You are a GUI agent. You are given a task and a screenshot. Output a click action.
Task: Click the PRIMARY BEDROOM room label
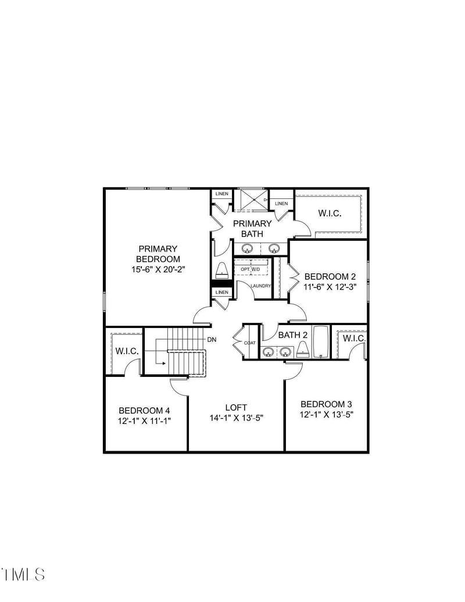(158, 254)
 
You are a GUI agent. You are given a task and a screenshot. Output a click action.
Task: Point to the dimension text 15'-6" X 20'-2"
(158, 269)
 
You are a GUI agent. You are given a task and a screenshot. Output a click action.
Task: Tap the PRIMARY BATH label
(252, 228)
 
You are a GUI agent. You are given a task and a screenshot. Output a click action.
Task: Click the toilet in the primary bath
(221, 270)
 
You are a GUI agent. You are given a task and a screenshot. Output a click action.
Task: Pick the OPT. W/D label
(251, 269)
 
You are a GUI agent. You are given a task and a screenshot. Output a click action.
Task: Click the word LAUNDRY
(261, 286)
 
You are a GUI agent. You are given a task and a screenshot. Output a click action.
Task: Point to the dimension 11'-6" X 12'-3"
(330, 287)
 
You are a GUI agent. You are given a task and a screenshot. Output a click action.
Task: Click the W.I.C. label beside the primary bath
(330, 213)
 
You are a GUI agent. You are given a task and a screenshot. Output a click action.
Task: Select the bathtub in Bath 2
(321, 343)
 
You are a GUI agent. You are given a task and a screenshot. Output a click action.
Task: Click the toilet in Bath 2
(302, 349)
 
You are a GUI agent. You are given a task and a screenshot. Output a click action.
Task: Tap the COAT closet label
(250, 343)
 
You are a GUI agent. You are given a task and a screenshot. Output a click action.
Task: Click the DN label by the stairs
(212, 339)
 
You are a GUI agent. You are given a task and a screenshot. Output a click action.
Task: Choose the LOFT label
(236, 407)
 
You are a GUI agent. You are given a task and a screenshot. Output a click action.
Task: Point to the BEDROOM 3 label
(326, 404)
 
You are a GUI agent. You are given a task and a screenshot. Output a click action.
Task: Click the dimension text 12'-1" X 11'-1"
(145, 420)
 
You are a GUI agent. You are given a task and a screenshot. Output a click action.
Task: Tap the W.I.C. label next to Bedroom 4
(126, 351)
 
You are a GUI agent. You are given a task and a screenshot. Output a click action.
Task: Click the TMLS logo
(23, 574)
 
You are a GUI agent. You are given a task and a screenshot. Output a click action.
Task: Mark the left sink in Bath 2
(269, 351)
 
